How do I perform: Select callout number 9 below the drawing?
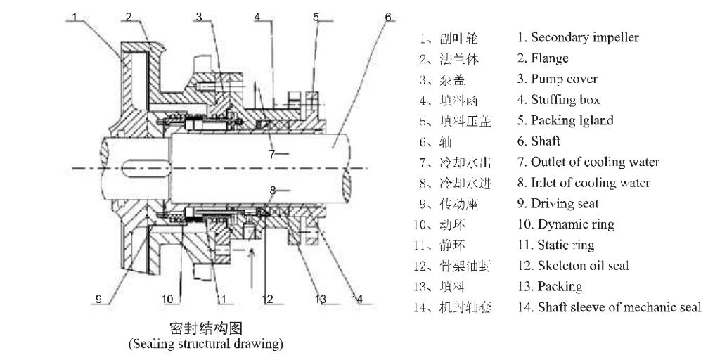pyautogui.click(x=99, y=299)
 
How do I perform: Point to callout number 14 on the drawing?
pyautogui.click(x=357, y=299)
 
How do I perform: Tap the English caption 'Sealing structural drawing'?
pyautogui.click(x=205, y=344)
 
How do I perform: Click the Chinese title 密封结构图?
pyautogui.click(x=205, y=329)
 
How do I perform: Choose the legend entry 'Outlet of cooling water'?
pyautogui.click(x=588, y=162)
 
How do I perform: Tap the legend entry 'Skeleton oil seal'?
pyautogui.click(x=572, y=266)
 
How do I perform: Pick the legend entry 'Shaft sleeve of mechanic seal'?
pyautogui.click(x=609, y=307)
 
